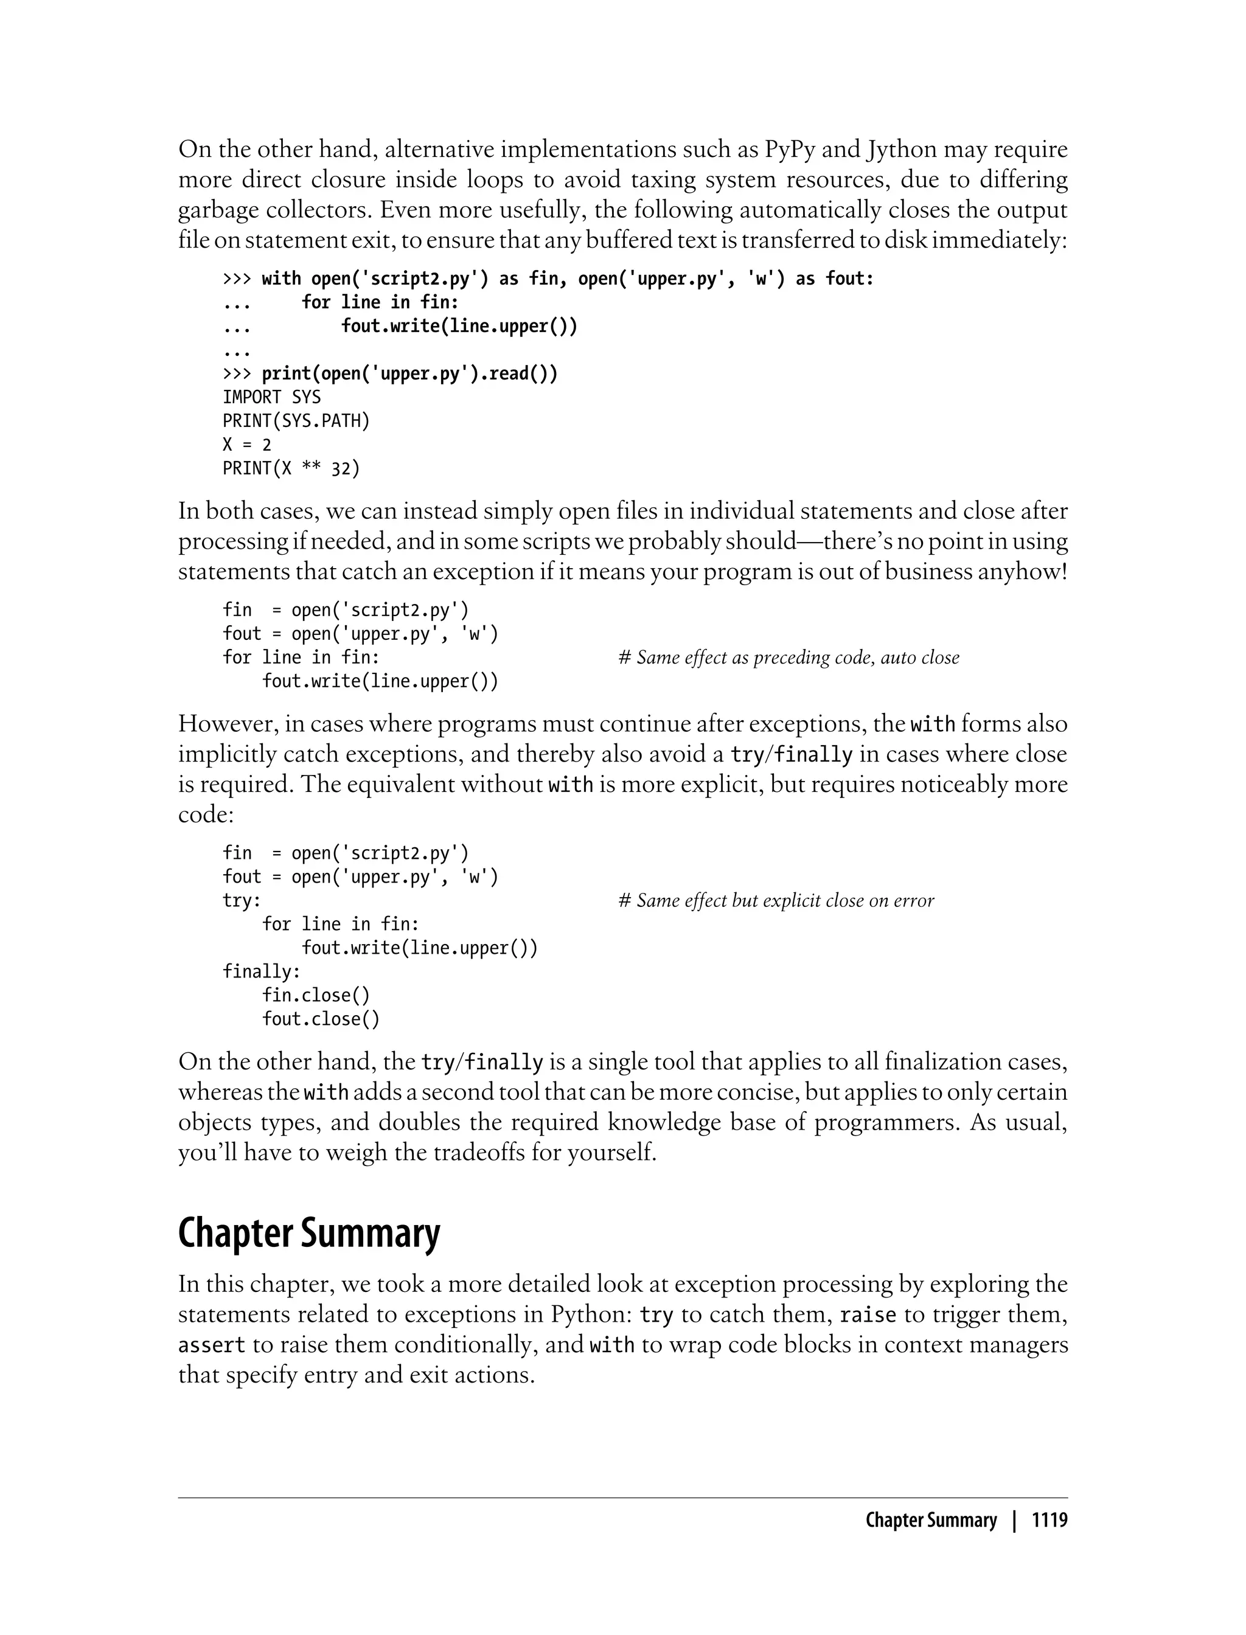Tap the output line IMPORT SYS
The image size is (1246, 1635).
271,397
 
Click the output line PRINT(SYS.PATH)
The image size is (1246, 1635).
296,421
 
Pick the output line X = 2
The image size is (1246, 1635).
247,445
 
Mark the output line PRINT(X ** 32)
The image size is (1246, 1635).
291,468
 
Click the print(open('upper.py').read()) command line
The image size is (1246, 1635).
409,373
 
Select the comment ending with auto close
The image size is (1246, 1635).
788,658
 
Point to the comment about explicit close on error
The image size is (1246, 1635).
776,901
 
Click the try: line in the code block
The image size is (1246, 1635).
242,901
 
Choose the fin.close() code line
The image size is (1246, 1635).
315,995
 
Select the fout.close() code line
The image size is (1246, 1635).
321,1019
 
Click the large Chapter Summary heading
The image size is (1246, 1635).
308,1232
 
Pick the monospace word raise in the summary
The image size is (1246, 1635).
868,1314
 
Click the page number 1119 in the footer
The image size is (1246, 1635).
1049,1521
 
